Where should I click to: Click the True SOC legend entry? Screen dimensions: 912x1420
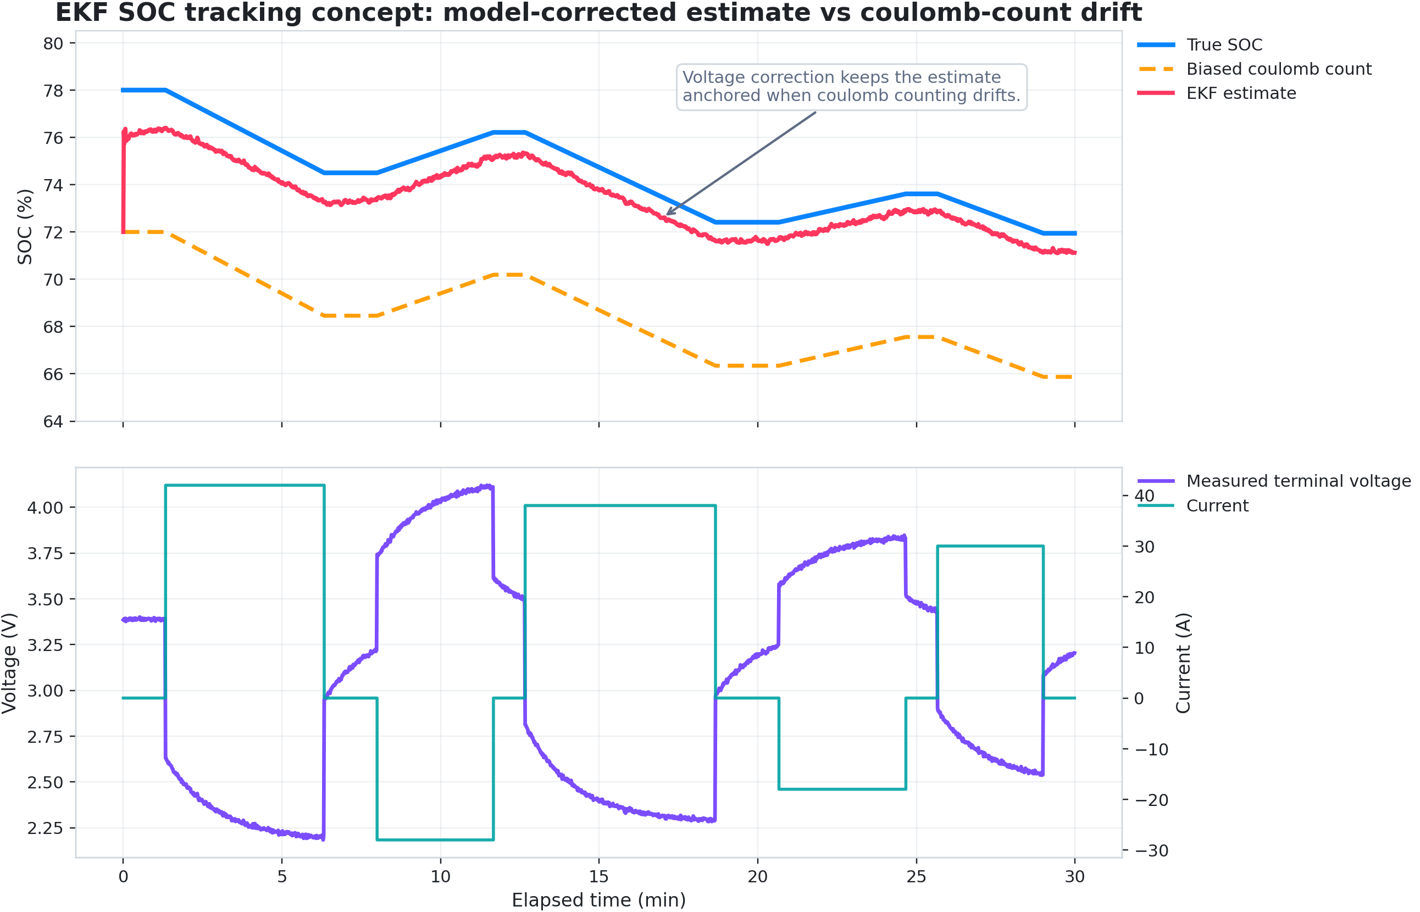coord(1224,45)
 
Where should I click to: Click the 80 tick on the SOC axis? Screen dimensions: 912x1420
coord(53,43)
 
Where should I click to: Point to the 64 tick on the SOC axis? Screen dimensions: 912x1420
coord(53,421)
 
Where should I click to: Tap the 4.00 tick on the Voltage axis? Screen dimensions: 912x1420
coord(45,508)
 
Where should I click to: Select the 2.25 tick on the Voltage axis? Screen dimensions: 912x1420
coord(45,828)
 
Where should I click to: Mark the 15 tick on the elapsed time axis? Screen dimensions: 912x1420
coord(599,877)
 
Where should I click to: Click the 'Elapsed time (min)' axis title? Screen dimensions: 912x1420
coord(598,900)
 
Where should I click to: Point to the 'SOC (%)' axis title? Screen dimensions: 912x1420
coord(25,227)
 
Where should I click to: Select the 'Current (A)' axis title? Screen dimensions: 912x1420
coord(1183,663)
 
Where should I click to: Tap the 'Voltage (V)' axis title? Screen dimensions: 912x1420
coord(9,663)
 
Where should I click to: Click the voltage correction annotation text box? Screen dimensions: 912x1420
coord(851,87)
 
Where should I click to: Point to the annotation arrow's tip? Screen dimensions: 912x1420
coord(667,214)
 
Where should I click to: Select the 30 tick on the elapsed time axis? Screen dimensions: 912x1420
coord(1075,877)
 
